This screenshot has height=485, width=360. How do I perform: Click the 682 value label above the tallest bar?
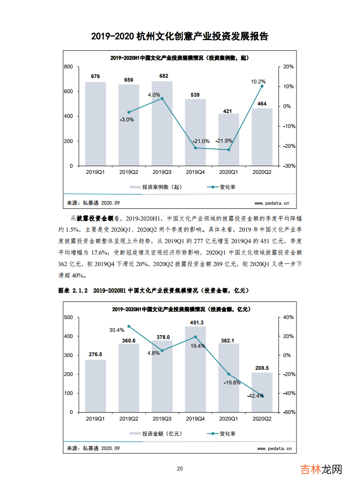164,76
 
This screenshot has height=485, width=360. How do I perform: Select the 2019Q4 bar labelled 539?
195,132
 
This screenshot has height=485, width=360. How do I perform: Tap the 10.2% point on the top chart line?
262,86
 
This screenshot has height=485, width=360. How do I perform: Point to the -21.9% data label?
224,141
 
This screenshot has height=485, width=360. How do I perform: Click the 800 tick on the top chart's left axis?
68,67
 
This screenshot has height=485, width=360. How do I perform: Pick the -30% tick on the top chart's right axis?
288,166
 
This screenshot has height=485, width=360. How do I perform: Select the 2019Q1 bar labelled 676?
95,124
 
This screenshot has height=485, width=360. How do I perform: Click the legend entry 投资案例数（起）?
156,187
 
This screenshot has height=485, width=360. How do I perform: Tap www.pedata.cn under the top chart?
272,203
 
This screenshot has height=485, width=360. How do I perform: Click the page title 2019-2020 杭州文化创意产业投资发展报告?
180,36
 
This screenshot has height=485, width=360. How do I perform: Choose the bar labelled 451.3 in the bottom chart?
195,369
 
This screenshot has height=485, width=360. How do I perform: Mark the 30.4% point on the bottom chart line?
129,326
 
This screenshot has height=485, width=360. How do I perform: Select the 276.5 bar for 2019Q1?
95,386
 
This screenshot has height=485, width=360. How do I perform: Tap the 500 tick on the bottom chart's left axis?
68,317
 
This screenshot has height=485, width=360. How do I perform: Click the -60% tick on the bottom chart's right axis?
288,412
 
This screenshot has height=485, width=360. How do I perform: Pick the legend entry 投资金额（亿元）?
156,433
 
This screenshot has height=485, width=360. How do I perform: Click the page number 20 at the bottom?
180,469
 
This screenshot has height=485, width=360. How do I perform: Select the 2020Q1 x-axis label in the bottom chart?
229,418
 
